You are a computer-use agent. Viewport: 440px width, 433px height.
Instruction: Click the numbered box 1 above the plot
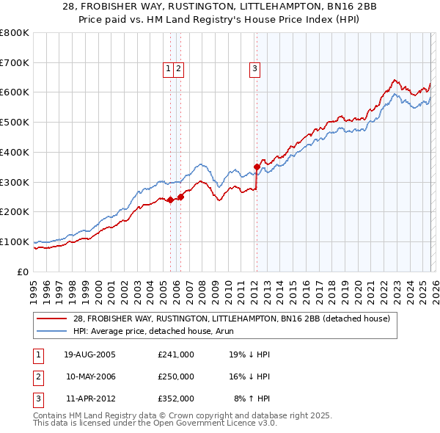[x=169, y=70]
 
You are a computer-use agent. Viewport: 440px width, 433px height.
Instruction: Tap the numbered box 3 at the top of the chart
[x=254, y=70]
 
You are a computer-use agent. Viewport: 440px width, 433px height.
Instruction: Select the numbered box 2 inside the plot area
[x=178, y=70]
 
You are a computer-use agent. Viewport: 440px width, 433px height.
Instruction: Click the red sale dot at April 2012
[x=257, y=167]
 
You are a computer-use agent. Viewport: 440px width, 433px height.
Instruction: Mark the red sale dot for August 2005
[x=171, y=200]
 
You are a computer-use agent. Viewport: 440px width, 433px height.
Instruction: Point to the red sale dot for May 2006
[x=180, y=197]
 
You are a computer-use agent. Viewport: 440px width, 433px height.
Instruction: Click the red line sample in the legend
[x=53, y=318]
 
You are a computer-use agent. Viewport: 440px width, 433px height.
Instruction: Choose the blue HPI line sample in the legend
[x=53, y=330]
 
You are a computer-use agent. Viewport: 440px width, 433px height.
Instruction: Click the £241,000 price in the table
[x=176, y=354]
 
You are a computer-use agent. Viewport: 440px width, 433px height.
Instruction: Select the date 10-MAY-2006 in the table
[x=90, y=376]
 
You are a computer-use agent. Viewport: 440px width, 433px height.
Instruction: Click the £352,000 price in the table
[x=176, y=399]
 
